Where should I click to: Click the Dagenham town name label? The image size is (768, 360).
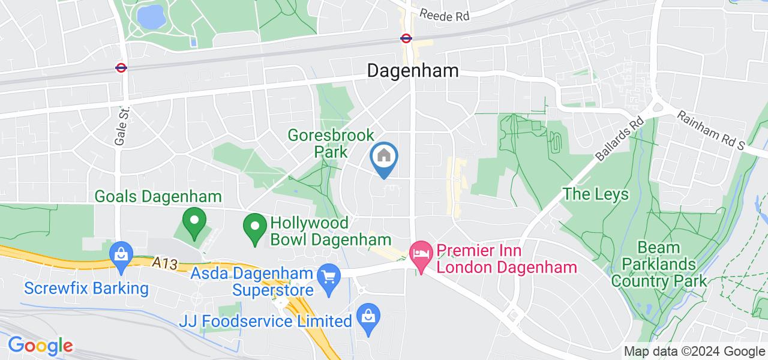(x=413, y=71)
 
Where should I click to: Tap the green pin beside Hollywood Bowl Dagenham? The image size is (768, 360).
(x=255, y=227)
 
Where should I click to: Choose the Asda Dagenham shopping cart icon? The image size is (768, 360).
(x=329, y=277)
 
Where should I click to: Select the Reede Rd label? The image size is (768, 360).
(x=443, y=16)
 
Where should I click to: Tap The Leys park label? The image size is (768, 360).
(x=595, y=194)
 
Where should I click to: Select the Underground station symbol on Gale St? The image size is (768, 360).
(x=121, y=68)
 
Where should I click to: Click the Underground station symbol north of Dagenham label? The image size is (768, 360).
(x=406, y=38)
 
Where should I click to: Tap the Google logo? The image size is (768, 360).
(x=40, y=346)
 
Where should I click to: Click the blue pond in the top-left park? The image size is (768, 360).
(x=151, y=17)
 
